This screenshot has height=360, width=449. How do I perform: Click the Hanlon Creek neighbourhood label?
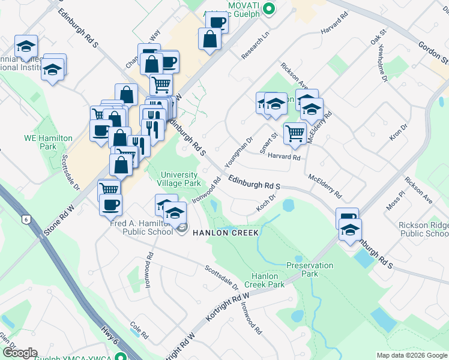pos(225,232)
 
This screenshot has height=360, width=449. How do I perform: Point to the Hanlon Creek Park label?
pos(265,280)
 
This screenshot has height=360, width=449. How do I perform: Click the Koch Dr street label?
pos(265,197)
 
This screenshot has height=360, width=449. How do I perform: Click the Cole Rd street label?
pos(139,329)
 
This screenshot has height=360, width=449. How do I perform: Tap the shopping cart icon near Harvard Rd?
pos(295,133)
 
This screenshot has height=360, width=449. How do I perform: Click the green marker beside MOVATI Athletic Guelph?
pos(269,8)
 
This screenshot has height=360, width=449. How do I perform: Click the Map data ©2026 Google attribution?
pos(412,355)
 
